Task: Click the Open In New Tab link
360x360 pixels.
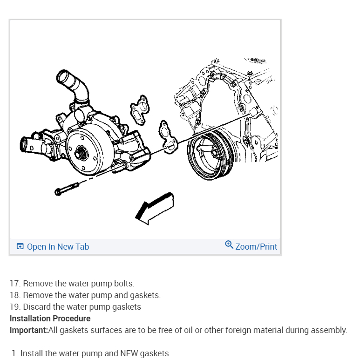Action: coord(58,247)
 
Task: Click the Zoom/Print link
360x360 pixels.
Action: coord(256,247)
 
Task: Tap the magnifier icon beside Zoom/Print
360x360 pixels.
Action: coord(229,245)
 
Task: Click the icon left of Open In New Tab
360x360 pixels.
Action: coord(20,247)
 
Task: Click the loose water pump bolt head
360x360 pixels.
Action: coord(58,191)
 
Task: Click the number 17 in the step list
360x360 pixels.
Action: coord(14,284)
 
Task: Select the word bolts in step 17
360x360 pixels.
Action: coord(123,284)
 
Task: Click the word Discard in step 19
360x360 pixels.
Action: coord(37,307)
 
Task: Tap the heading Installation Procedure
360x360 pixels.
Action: coord(50,319)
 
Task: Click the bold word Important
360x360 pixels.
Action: coord(28,330)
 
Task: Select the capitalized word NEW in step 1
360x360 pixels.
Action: coord(129,353)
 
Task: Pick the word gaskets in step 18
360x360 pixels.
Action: coord(145,295)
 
